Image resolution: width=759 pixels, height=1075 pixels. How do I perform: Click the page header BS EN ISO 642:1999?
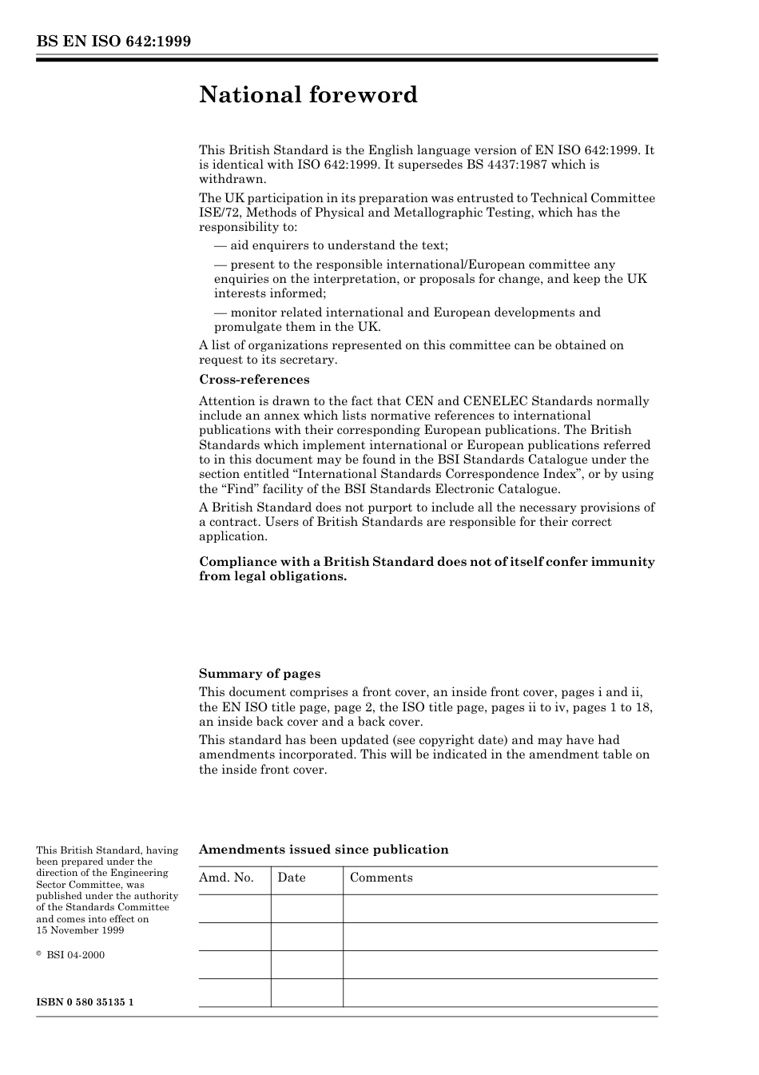pyautogui.click(x=113, y=41)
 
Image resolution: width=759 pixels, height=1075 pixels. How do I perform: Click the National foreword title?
pyautogui.click(x=308, y=95)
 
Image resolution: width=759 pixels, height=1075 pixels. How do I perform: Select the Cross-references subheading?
pyautogui.click(x=254, y=380)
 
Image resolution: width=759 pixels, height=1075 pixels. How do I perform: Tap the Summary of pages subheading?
pyautogui.click(x=260, y=674)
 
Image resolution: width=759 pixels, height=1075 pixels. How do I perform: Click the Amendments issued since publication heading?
pyautogui.click(x=324, y=850)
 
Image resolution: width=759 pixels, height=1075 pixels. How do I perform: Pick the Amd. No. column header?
pyautogui.click(x=226, y=878)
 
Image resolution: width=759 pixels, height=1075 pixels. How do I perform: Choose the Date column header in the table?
pyautogui.click(x=292, y=878)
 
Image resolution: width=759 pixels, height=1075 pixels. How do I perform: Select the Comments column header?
pyautogui.click(x=381, y=878)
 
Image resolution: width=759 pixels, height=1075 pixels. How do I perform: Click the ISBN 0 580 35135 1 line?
pyautogui.click(x=85, y=1002)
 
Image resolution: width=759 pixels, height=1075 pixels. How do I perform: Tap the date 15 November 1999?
pyautogui.click(x=80, y=930)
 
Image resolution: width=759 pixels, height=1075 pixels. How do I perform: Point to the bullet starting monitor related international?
pyautogui.click(x=407, y=313)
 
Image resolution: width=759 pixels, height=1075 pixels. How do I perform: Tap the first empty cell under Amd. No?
pyautogui.click(x=234, y=909)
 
